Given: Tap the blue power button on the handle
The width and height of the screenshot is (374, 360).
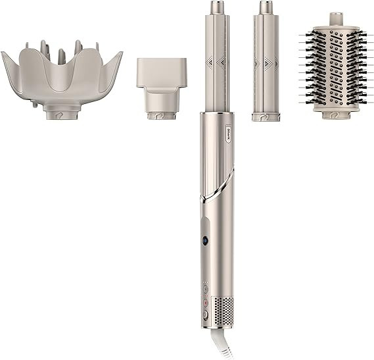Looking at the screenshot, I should click(x=206, y=241).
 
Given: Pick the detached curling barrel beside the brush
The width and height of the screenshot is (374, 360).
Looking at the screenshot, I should click(x=265, y=66).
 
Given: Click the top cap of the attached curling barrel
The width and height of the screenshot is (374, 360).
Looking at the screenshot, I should click(x=216, y=9).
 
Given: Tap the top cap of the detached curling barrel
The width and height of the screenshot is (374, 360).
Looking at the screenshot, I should click(x=265, y=9).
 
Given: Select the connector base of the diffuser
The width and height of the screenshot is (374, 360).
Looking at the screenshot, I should click(x=61, y=114).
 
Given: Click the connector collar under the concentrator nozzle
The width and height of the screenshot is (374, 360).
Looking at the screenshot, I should click(x=160, y=115).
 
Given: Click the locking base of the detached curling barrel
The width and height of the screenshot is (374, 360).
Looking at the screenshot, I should click(x=265, y=116).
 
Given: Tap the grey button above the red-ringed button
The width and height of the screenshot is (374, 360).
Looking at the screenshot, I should click(x=204, y=288).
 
